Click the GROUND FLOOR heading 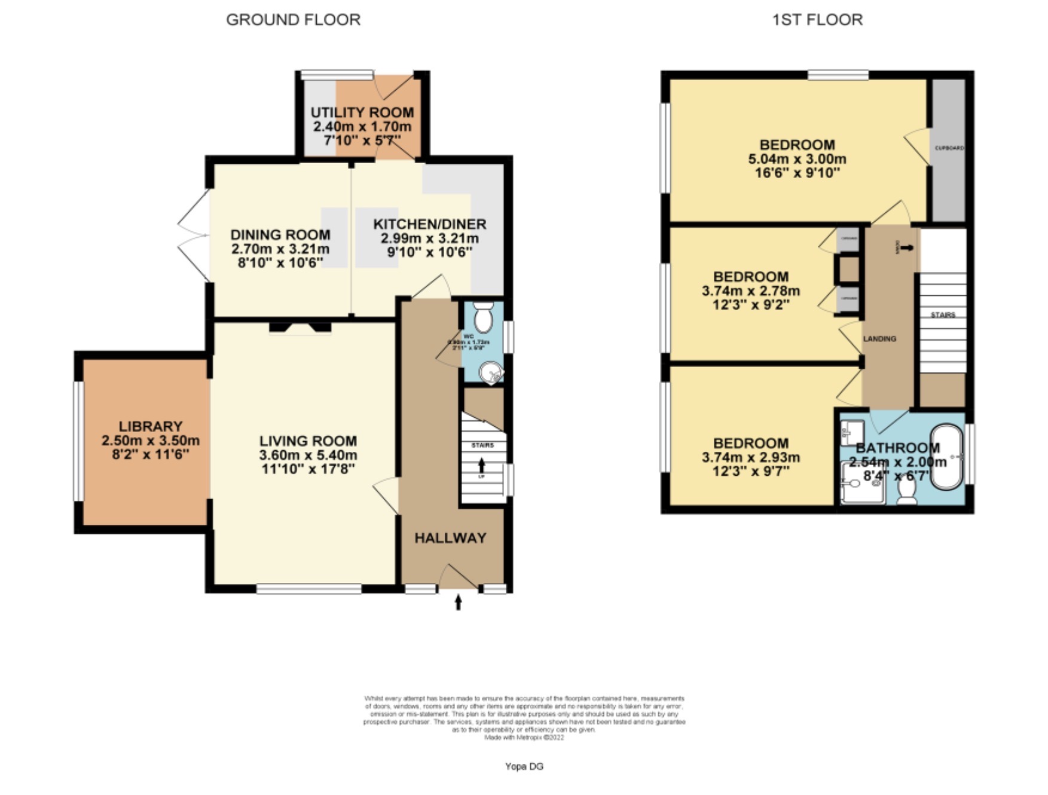[x=293, y=20]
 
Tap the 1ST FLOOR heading [x=817, y=20]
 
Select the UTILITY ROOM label [x=362, y=112]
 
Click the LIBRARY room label [x=150, y=426]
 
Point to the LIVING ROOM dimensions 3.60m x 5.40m [x=308, y=455]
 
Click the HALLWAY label [x=450, y=538]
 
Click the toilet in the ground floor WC [x=482, y=317]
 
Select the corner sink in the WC [x=492, y=374]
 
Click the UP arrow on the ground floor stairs [x=482, y=465]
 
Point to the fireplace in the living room [x=300, y=327]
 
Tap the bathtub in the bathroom [x=948, y=457]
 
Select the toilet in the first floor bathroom [x=907, y=491]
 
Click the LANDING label [x=879, y=338]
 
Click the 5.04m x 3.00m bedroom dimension [x=797, y=159]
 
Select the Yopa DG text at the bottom [x=524, y=766]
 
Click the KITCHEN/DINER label [x=429, y=224]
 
